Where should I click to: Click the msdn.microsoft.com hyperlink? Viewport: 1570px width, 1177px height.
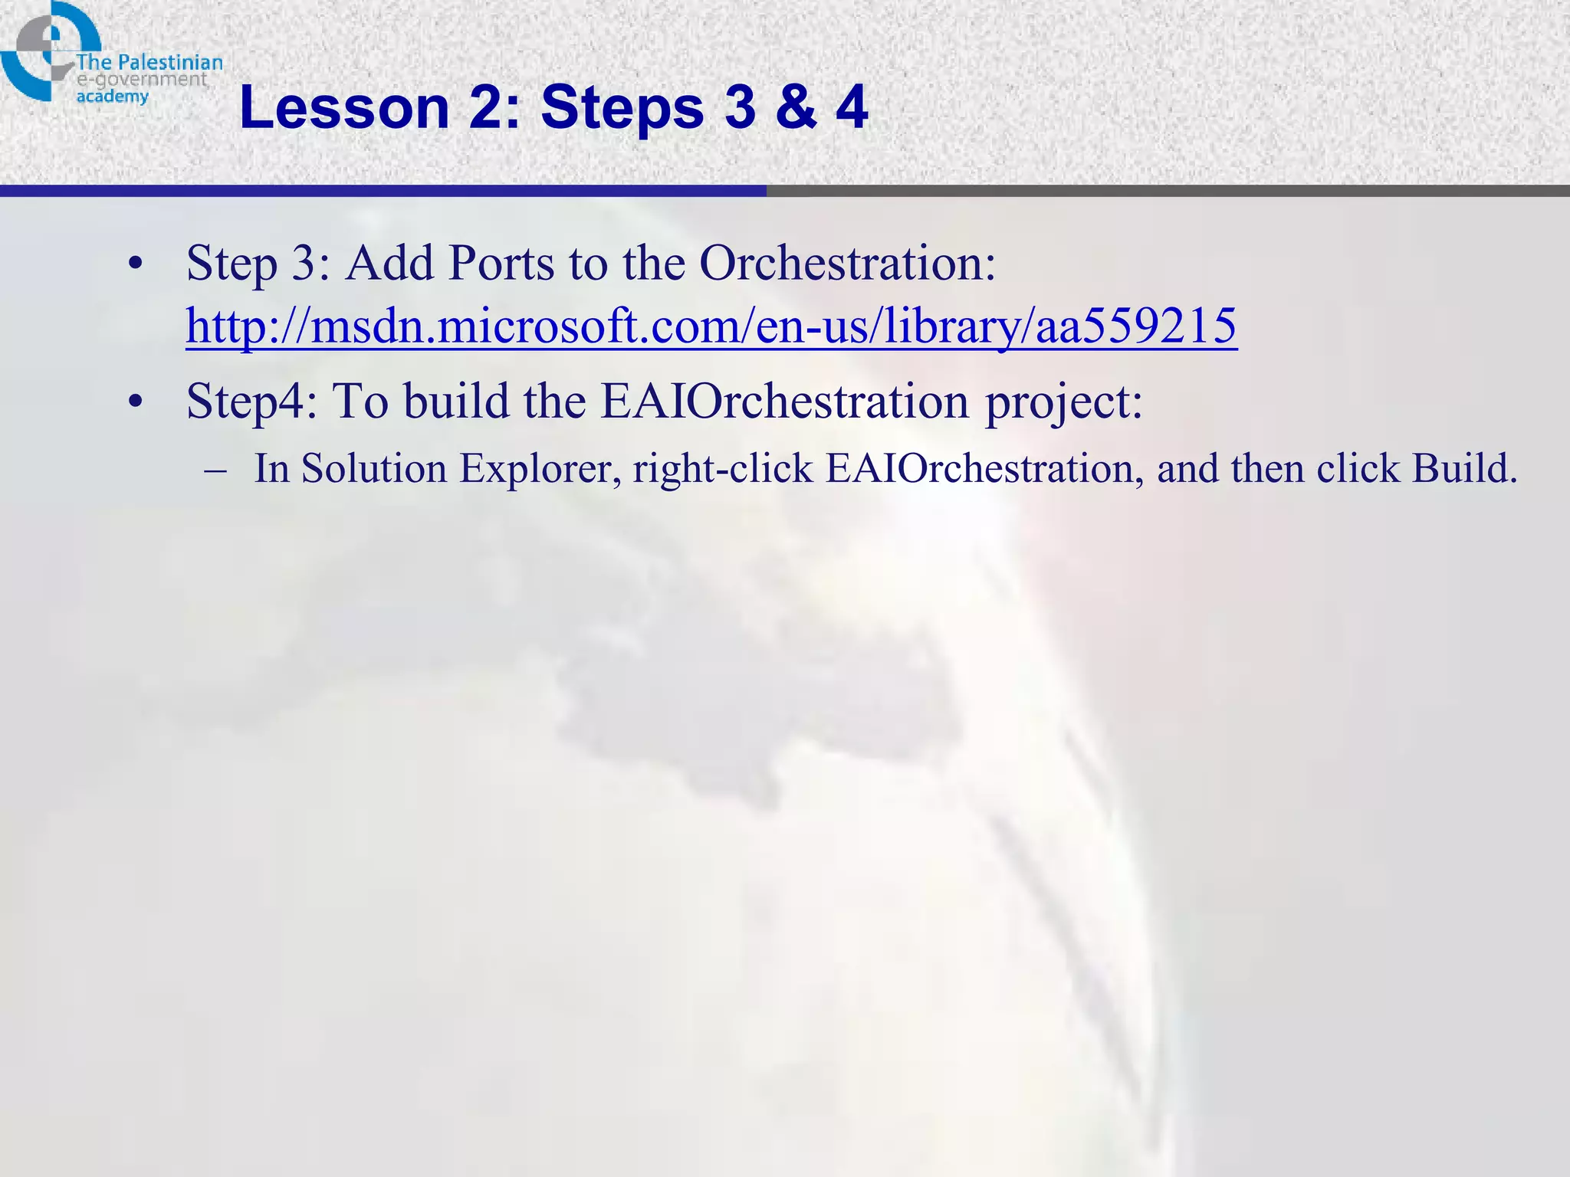(711, 326)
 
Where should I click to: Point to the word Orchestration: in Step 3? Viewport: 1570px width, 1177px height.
(847, 264)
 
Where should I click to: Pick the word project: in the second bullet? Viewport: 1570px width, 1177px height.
(1063, 402)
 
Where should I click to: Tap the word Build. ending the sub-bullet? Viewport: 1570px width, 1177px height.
(1464, 468)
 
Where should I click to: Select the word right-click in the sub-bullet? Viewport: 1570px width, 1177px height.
(722, 468)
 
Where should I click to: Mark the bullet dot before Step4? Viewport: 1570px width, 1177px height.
(136, 402)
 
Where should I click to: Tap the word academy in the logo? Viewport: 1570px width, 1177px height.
(112, 97)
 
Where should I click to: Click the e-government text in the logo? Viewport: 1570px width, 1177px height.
(142, 80)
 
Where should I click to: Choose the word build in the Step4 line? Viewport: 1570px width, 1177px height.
(456, 402)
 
